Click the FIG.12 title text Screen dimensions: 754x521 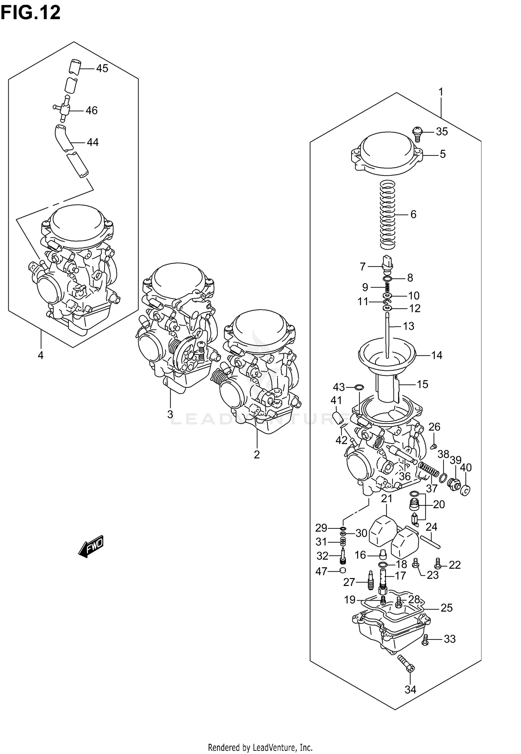[31, 13]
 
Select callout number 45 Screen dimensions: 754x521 [102, 68]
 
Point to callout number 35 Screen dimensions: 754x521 [442, 132]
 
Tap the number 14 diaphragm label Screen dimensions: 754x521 [437, 355]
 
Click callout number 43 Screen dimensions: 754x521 [339, 387]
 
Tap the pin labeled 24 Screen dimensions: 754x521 [430, 542]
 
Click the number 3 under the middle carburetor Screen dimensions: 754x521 [170, 414]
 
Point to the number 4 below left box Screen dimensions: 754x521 [41, 355]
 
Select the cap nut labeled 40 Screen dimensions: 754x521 [465, 491]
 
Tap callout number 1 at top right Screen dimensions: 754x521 [441, 92]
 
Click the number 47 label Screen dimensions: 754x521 [321, 571]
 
